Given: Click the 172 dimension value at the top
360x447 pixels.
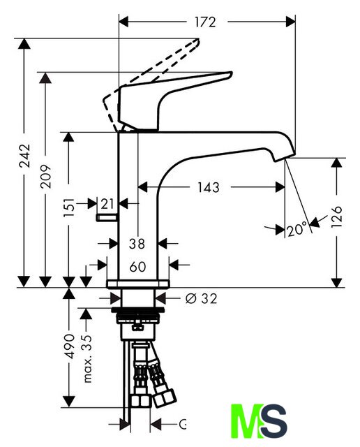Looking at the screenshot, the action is click(x=205, y=22).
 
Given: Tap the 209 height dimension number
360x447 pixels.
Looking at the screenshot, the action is click(x=45, y=176).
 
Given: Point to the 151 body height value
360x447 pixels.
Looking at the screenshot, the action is click(x=68, y=207).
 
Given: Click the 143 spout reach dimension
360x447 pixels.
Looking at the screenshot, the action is click(x=209, y=187).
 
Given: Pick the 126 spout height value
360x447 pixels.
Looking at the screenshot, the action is click(x=337, y=217).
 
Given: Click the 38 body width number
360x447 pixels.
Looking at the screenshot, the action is click(x=137, y=244).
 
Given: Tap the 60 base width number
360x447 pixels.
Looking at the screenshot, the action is click(x=137, y=267).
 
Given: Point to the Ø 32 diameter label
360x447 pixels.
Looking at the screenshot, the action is click(x=201, y=298).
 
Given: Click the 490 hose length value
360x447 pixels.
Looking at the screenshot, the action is click(x=69, y=346).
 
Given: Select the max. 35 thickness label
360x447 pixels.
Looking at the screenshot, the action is click(x=87, y=358).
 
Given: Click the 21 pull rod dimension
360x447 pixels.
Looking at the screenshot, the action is click(x=107, y=204).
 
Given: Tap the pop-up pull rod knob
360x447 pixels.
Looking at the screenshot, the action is click(x=107, y=218).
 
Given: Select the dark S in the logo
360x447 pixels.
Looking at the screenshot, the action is click(x=273, y=420).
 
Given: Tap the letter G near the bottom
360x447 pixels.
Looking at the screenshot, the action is click(x=183, y=424).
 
